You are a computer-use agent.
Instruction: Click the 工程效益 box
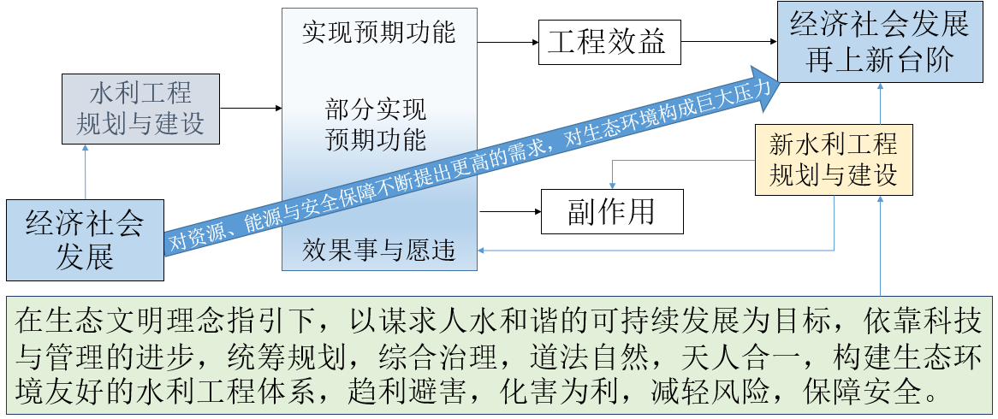click(x=609, y=42)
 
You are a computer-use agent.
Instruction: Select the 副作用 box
click(x=612, y=211)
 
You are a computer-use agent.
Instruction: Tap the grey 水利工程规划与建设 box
click(x=140, y=109)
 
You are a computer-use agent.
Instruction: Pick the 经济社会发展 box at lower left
click(x=85, y=239)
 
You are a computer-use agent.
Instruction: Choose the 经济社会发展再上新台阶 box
click(x=880, y=42)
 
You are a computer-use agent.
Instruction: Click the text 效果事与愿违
click(x=378, y=251)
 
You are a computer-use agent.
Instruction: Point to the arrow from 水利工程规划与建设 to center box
click(x=251, y=109)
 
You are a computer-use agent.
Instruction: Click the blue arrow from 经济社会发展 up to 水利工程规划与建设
click(x=86, y=171)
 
